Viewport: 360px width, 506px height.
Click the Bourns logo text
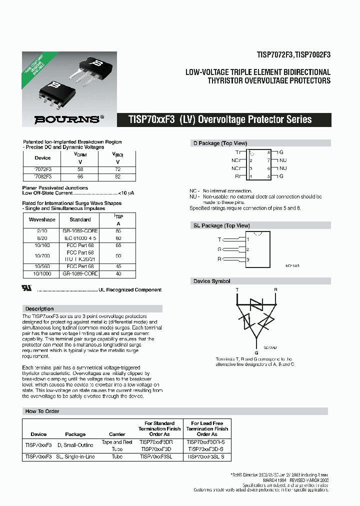coord(66,119)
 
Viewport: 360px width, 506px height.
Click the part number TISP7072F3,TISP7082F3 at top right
coord(293,55)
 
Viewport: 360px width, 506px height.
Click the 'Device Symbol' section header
coord(212,281)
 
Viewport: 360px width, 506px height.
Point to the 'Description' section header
coord(39,308)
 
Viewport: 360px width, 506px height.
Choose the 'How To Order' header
coord(42,411)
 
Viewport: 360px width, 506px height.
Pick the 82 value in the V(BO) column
coord(118,177)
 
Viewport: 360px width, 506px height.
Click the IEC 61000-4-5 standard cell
coord(80,238)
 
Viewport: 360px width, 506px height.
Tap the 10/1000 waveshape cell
coord(42,273)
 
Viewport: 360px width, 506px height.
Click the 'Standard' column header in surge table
coord(80,219)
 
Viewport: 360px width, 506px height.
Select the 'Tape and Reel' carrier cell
coord(116,442)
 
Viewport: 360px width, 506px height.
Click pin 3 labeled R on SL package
coord(219,259)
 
